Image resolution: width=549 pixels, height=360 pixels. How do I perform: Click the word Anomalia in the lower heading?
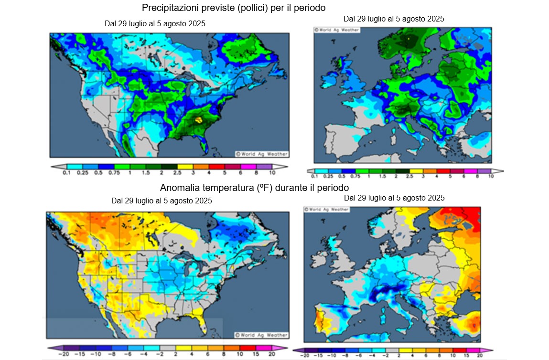(x=179, y=187)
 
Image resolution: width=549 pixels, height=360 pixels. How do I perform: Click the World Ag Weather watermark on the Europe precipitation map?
(x=336, y=30)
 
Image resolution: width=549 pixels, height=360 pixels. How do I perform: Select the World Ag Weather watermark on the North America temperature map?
(x=261, y=335)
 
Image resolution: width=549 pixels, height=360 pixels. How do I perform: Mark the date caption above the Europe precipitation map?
(x=394, y=19)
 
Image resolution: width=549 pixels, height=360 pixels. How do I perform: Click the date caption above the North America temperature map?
(x=161, y=201)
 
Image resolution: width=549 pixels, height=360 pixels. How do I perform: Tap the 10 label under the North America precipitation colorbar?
(x=271, y=173)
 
